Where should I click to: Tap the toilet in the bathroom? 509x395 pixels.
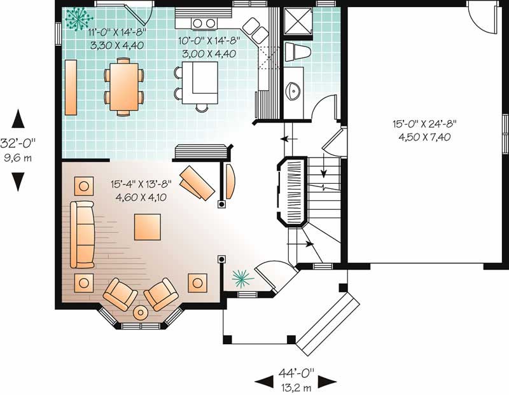pyautogui.click(x=296, y=52)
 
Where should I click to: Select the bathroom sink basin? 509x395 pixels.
pyautogui.click(x=294, y=92)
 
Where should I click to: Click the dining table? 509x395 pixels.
pyautogui.click(x=123, y=86)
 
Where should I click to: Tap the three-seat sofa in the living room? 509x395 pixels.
pyautogui.click(x=82, y=234)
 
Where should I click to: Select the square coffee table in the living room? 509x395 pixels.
pyautogui.click(x=147, y=226)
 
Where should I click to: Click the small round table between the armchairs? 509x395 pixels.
pyautogui.click(x=140, y=312)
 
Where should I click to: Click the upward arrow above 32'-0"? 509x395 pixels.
pyautogui.click(x=18, y=118)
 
